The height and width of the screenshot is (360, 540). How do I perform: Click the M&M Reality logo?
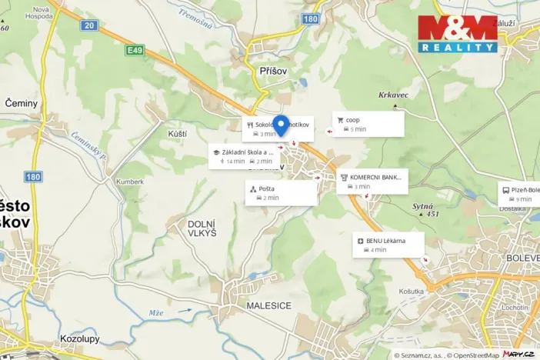(x=458, y=34)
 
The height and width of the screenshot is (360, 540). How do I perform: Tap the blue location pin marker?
(x=281, y=125)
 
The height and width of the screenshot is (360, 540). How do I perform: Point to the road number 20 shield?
(x=90, y=25)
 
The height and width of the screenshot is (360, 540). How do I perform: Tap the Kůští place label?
(x=177, y=134)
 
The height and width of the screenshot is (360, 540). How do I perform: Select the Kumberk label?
(x=130, y=182)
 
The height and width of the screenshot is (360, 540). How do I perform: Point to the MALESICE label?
(x=268, y=305)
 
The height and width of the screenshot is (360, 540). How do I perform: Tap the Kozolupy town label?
(x=80, y=338)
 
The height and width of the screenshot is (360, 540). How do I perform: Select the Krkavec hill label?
(x=392, y=96)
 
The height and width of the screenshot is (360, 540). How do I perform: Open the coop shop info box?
(x=368, y=124)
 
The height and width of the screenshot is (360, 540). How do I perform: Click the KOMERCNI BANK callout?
(x=372, y=182)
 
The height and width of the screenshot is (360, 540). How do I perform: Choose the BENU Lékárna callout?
(x=389, y=245)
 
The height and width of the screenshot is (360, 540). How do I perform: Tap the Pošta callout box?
(x=282, y=193)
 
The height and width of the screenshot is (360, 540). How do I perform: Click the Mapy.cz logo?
(x=518, y=354)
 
